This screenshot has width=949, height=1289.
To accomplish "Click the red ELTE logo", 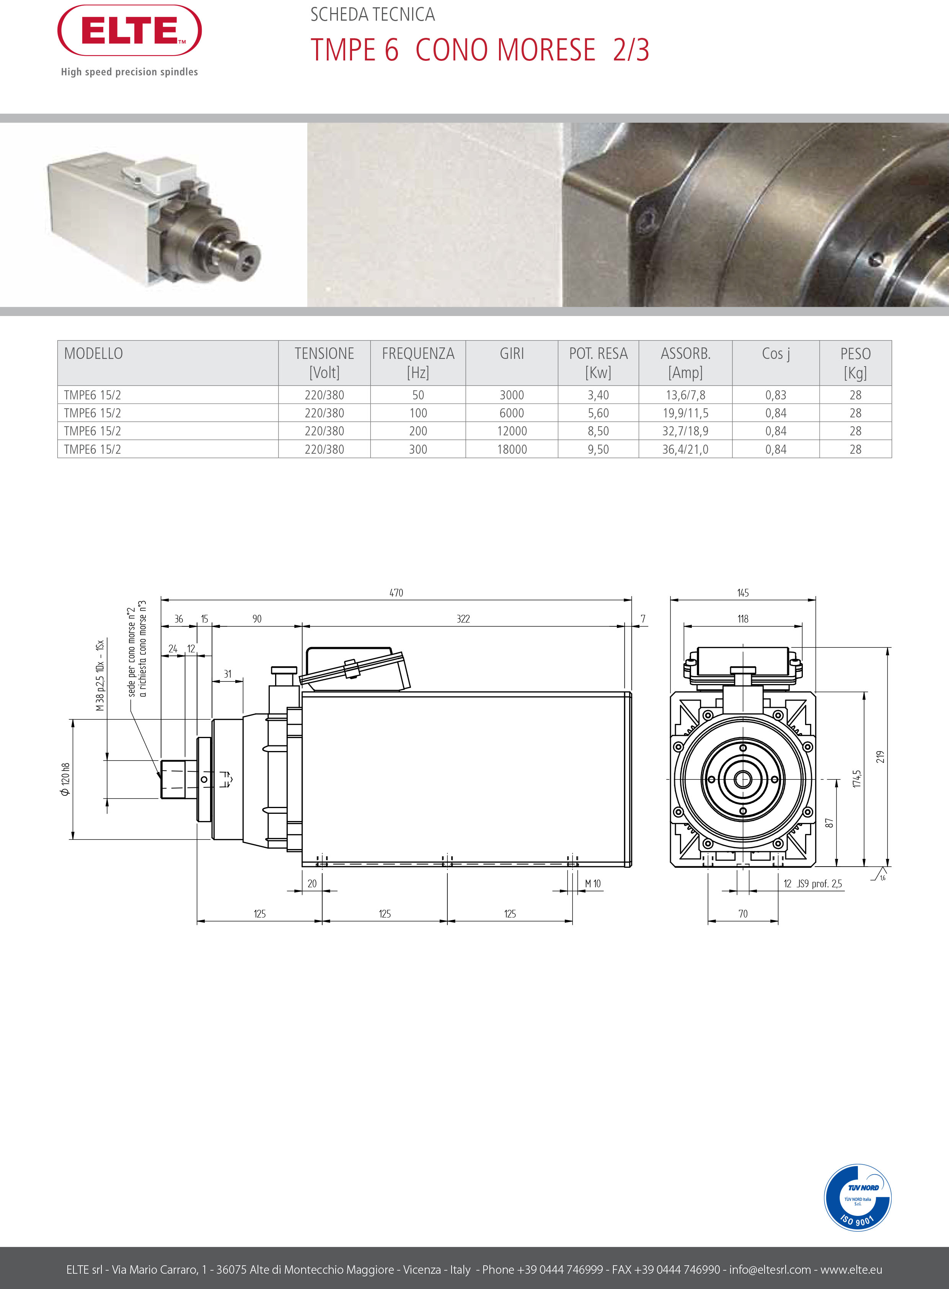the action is [x=129, y=31].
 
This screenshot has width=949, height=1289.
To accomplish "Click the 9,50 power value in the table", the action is [x=598, y=449].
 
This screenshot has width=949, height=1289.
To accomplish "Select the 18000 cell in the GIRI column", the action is [x=512, y=449].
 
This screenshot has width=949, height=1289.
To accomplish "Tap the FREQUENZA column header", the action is [x=418, y=362].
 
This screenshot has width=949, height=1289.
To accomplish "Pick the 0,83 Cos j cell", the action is [x=776, y=395].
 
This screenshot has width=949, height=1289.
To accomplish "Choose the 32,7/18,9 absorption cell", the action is [x=685, y=431].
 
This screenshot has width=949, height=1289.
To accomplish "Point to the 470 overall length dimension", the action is [x=396, y=593].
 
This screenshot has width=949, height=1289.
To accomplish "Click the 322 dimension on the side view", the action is [x=463, y=619].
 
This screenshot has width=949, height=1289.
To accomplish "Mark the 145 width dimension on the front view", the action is [x=743, y=593].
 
